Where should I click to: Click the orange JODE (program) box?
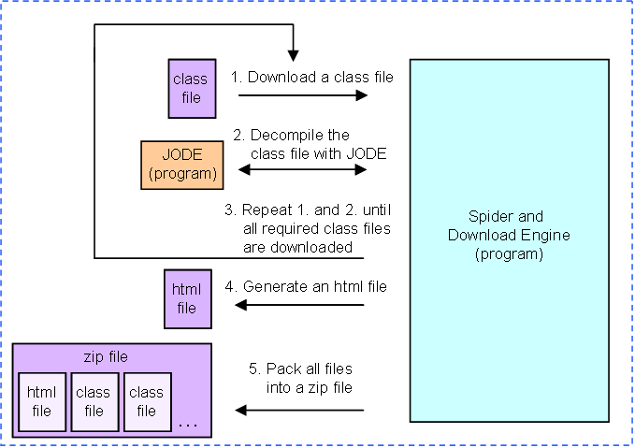tap(181, 165)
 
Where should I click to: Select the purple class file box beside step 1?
tap(192, 89)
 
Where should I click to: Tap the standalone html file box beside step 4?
tap(187, 299)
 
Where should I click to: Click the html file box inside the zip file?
tap(42, 402)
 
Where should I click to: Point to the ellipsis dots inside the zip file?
tap(188, 425)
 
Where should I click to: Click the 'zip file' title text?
tap(106, 357)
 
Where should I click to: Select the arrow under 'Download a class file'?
tap(303, 95)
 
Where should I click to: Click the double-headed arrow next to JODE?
tap(302, 169)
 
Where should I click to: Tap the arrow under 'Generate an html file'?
tap(299, 305)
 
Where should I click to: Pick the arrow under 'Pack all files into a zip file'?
tap(299, 411)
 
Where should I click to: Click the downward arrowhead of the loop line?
tap(294, 56)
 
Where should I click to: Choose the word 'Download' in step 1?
tap(281, 77)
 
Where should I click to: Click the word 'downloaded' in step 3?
tap(311, 247)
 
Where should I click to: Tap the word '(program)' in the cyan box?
tap(509, 254)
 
